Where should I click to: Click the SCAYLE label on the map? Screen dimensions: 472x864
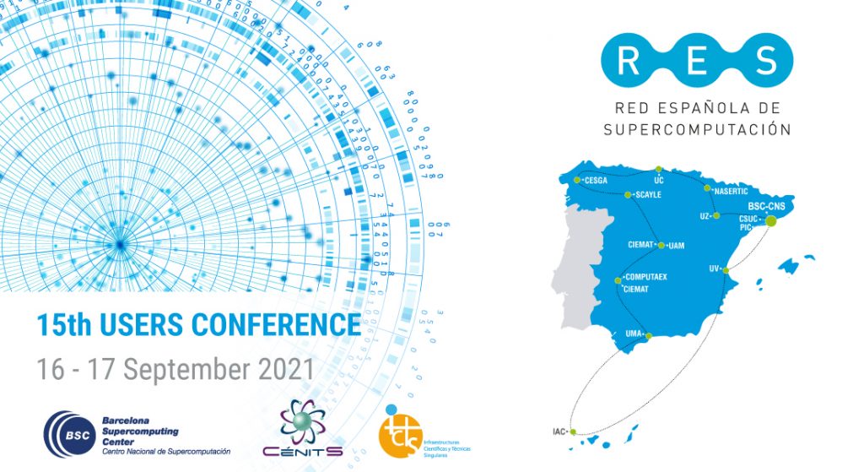pyautogui.click(x=650, y=195)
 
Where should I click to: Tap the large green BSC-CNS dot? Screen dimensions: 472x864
pyautogui.click(x=770, y=220)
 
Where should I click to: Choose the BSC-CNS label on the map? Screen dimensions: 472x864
pyautogui.click(x=767, y=205)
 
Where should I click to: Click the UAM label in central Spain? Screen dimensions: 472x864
pyautogui.click(x=676, y=246)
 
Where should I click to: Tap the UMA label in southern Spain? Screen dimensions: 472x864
pyautogui.click(x=634, y=334)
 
